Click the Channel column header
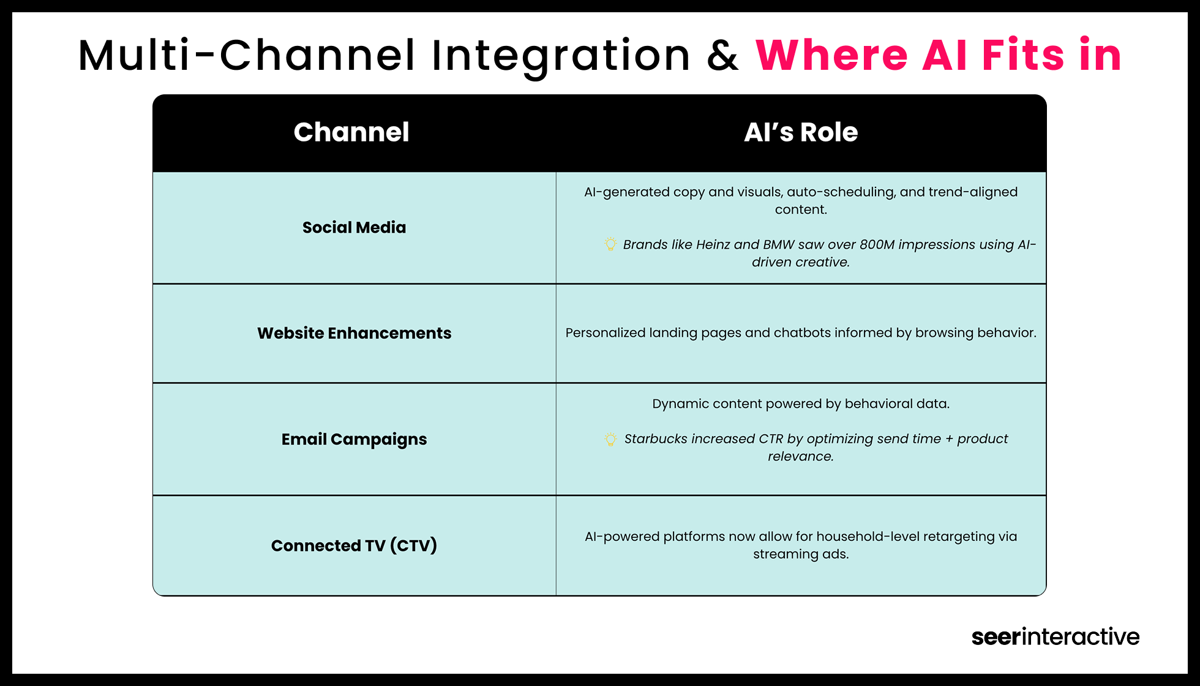(x=351, y=132)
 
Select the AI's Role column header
(x=801, y=132)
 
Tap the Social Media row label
(x=354, y=227)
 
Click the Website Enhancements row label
(x=354, y=333)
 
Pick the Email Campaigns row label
(x=354, y=439)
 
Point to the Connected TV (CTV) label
(x=354, y=545)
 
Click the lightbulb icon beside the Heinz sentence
(x=610, y=244)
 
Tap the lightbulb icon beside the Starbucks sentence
(x=610, y=439)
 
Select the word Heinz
(x=713, y=244)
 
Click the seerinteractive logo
(x=1055, y=636)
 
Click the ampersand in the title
(x=722, y=56)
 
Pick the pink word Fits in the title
(x=1023, y=56)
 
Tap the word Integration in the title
(x=561, y=56)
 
